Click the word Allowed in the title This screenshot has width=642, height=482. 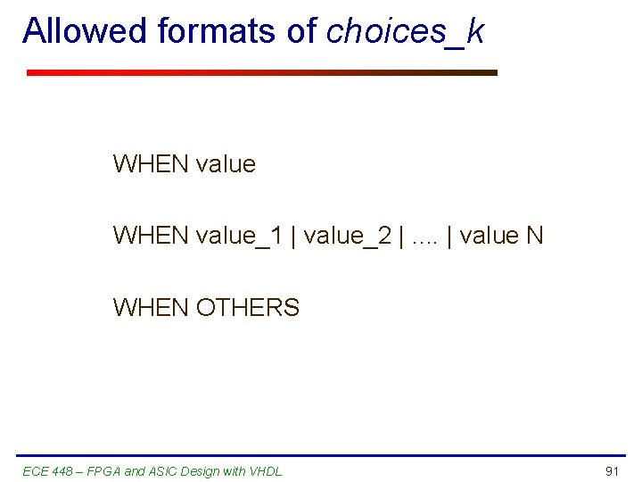[86, 31]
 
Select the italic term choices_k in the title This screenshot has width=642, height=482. [406, 31]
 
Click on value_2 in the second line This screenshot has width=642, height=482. [352, 236]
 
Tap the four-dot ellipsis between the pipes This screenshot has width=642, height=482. [424, 237]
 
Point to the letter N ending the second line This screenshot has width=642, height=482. [535, 236]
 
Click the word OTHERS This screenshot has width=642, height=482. [248, 308]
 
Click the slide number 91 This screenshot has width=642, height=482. [612, 471]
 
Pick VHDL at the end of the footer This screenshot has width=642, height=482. [265, 471]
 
